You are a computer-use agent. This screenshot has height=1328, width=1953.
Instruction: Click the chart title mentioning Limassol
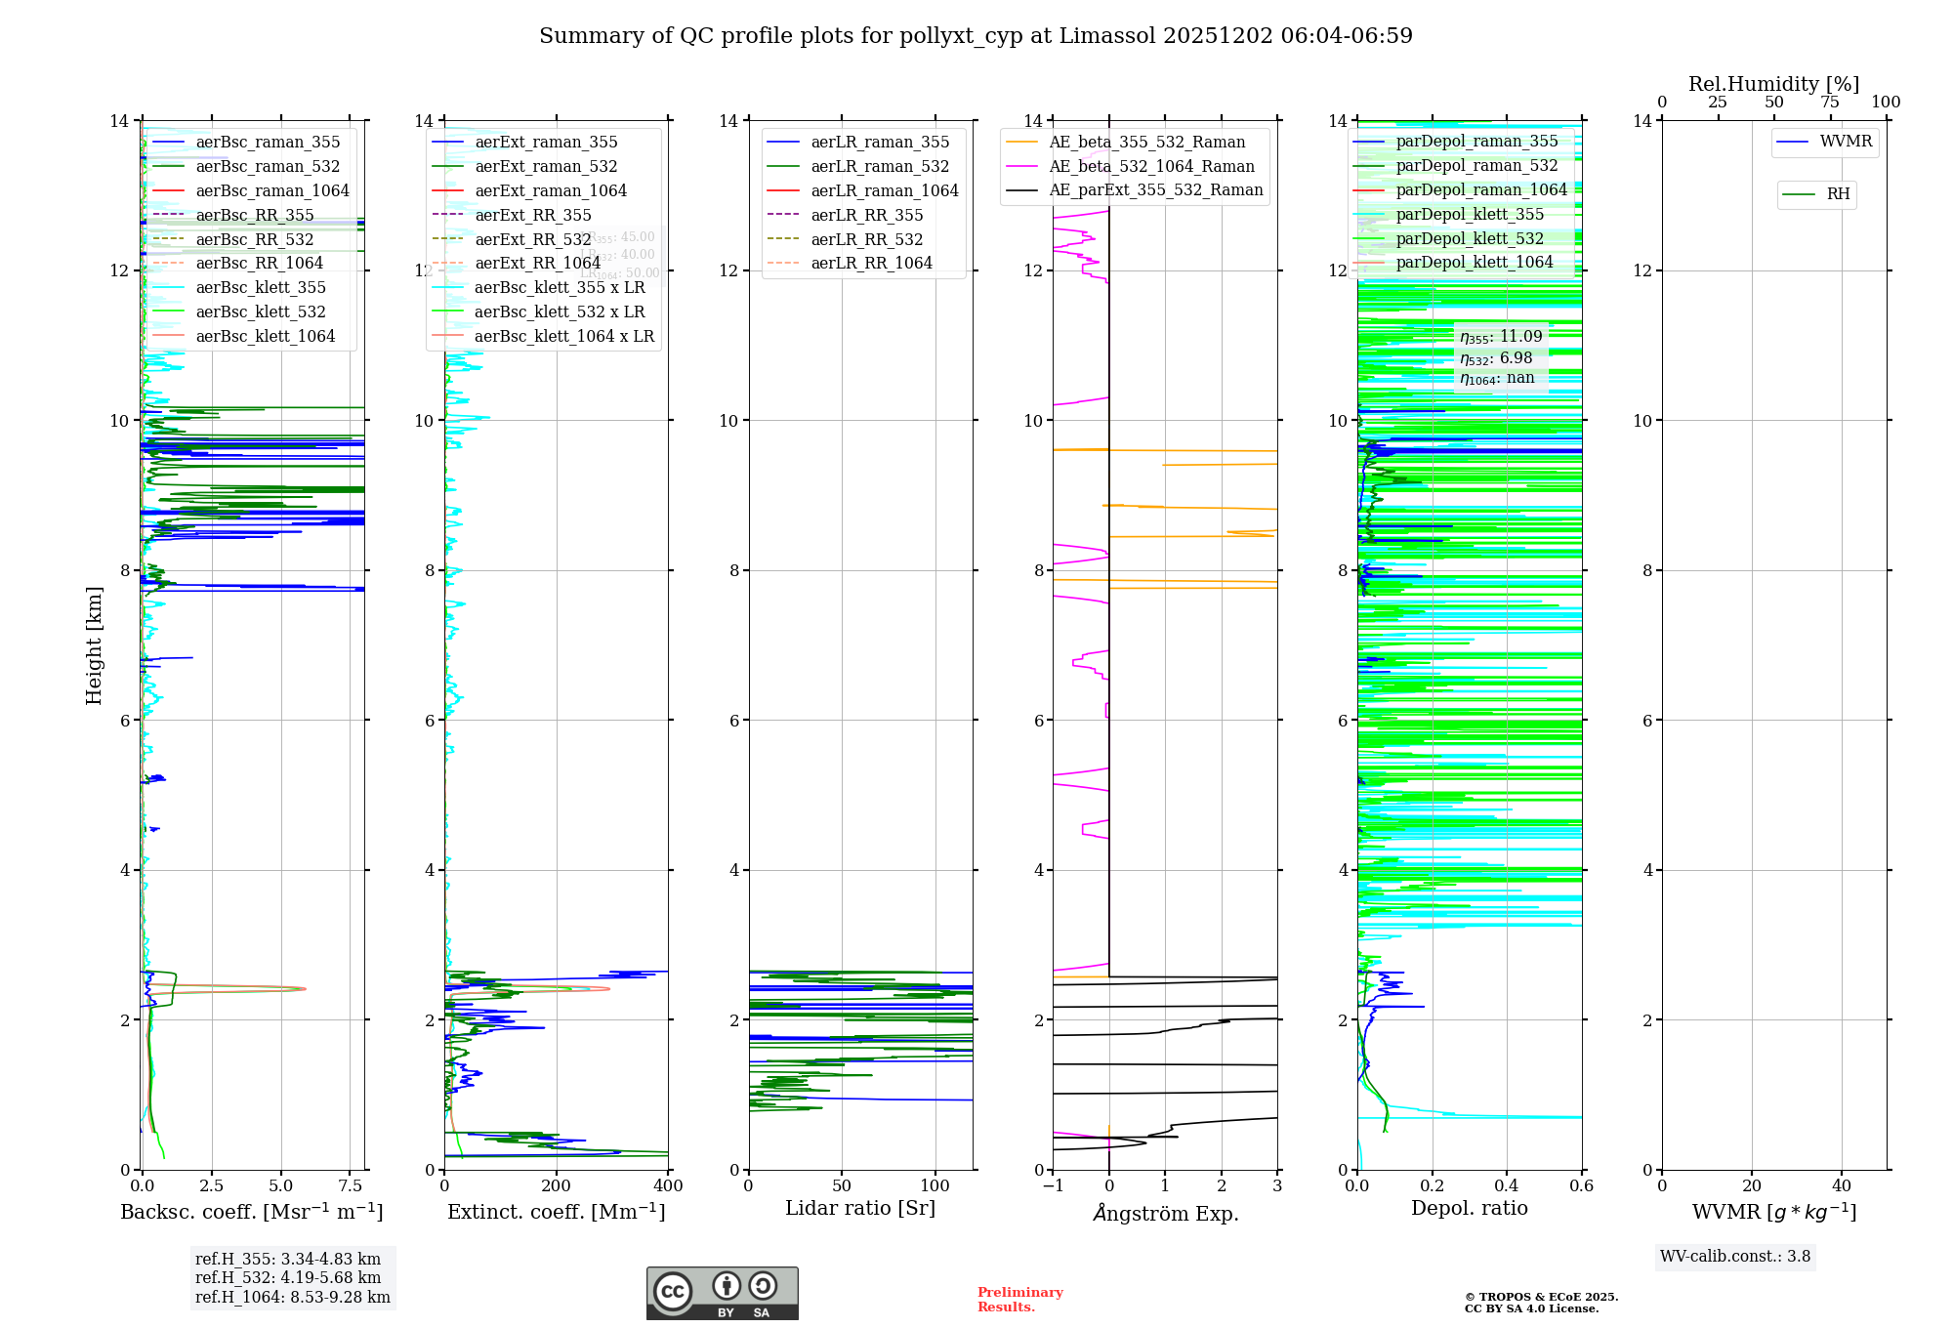pos(976,36)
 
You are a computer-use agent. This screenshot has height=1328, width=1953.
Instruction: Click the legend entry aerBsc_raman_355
pos(268,143)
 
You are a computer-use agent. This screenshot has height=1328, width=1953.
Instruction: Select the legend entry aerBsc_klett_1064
pos(265,337)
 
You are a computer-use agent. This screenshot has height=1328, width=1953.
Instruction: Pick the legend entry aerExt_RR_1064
pos(537,264)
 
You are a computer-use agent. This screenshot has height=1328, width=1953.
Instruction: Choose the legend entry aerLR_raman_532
pos(880,167)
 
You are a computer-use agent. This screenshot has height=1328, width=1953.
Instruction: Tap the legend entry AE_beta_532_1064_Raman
pos(1151,167)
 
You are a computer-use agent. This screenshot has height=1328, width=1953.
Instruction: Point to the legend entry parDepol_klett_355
pos(1470,215)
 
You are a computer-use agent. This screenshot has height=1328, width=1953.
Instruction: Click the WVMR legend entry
pos(1846,142)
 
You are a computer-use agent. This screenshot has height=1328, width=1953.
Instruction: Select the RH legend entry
pos(1838,194)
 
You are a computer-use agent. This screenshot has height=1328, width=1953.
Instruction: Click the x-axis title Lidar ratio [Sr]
pos(860,1209)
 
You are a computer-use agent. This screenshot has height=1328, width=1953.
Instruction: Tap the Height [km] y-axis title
pos(94,645)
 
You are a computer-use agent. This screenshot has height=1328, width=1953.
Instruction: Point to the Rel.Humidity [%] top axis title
pos(1773,84)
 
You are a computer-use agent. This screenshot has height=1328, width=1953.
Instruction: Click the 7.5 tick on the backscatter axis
pos(351,1186)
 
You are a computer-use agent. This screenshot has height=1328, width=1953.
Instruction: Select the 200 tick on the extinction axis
pos(557,1186)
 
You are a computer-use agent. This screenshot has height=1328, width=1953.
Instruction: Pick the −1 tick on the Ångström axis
pos(1053,1186)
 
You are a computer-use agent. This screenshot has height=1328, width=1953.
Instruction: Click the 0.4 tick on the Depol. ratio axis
pos(1507,1186)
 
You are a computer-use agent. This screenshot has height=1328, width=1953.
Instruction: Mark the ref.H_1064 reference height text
pos(293,1298)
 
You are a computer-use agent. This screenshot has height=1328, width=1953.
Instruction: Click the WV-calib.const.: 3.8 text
pos(1735,1257)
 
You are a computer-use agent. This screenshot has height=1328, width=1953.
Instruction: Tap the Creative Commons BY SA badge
pos(722,1294)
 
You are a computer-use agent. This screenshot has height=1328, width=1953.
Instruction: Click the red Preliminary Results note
pos(1019,1300)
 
